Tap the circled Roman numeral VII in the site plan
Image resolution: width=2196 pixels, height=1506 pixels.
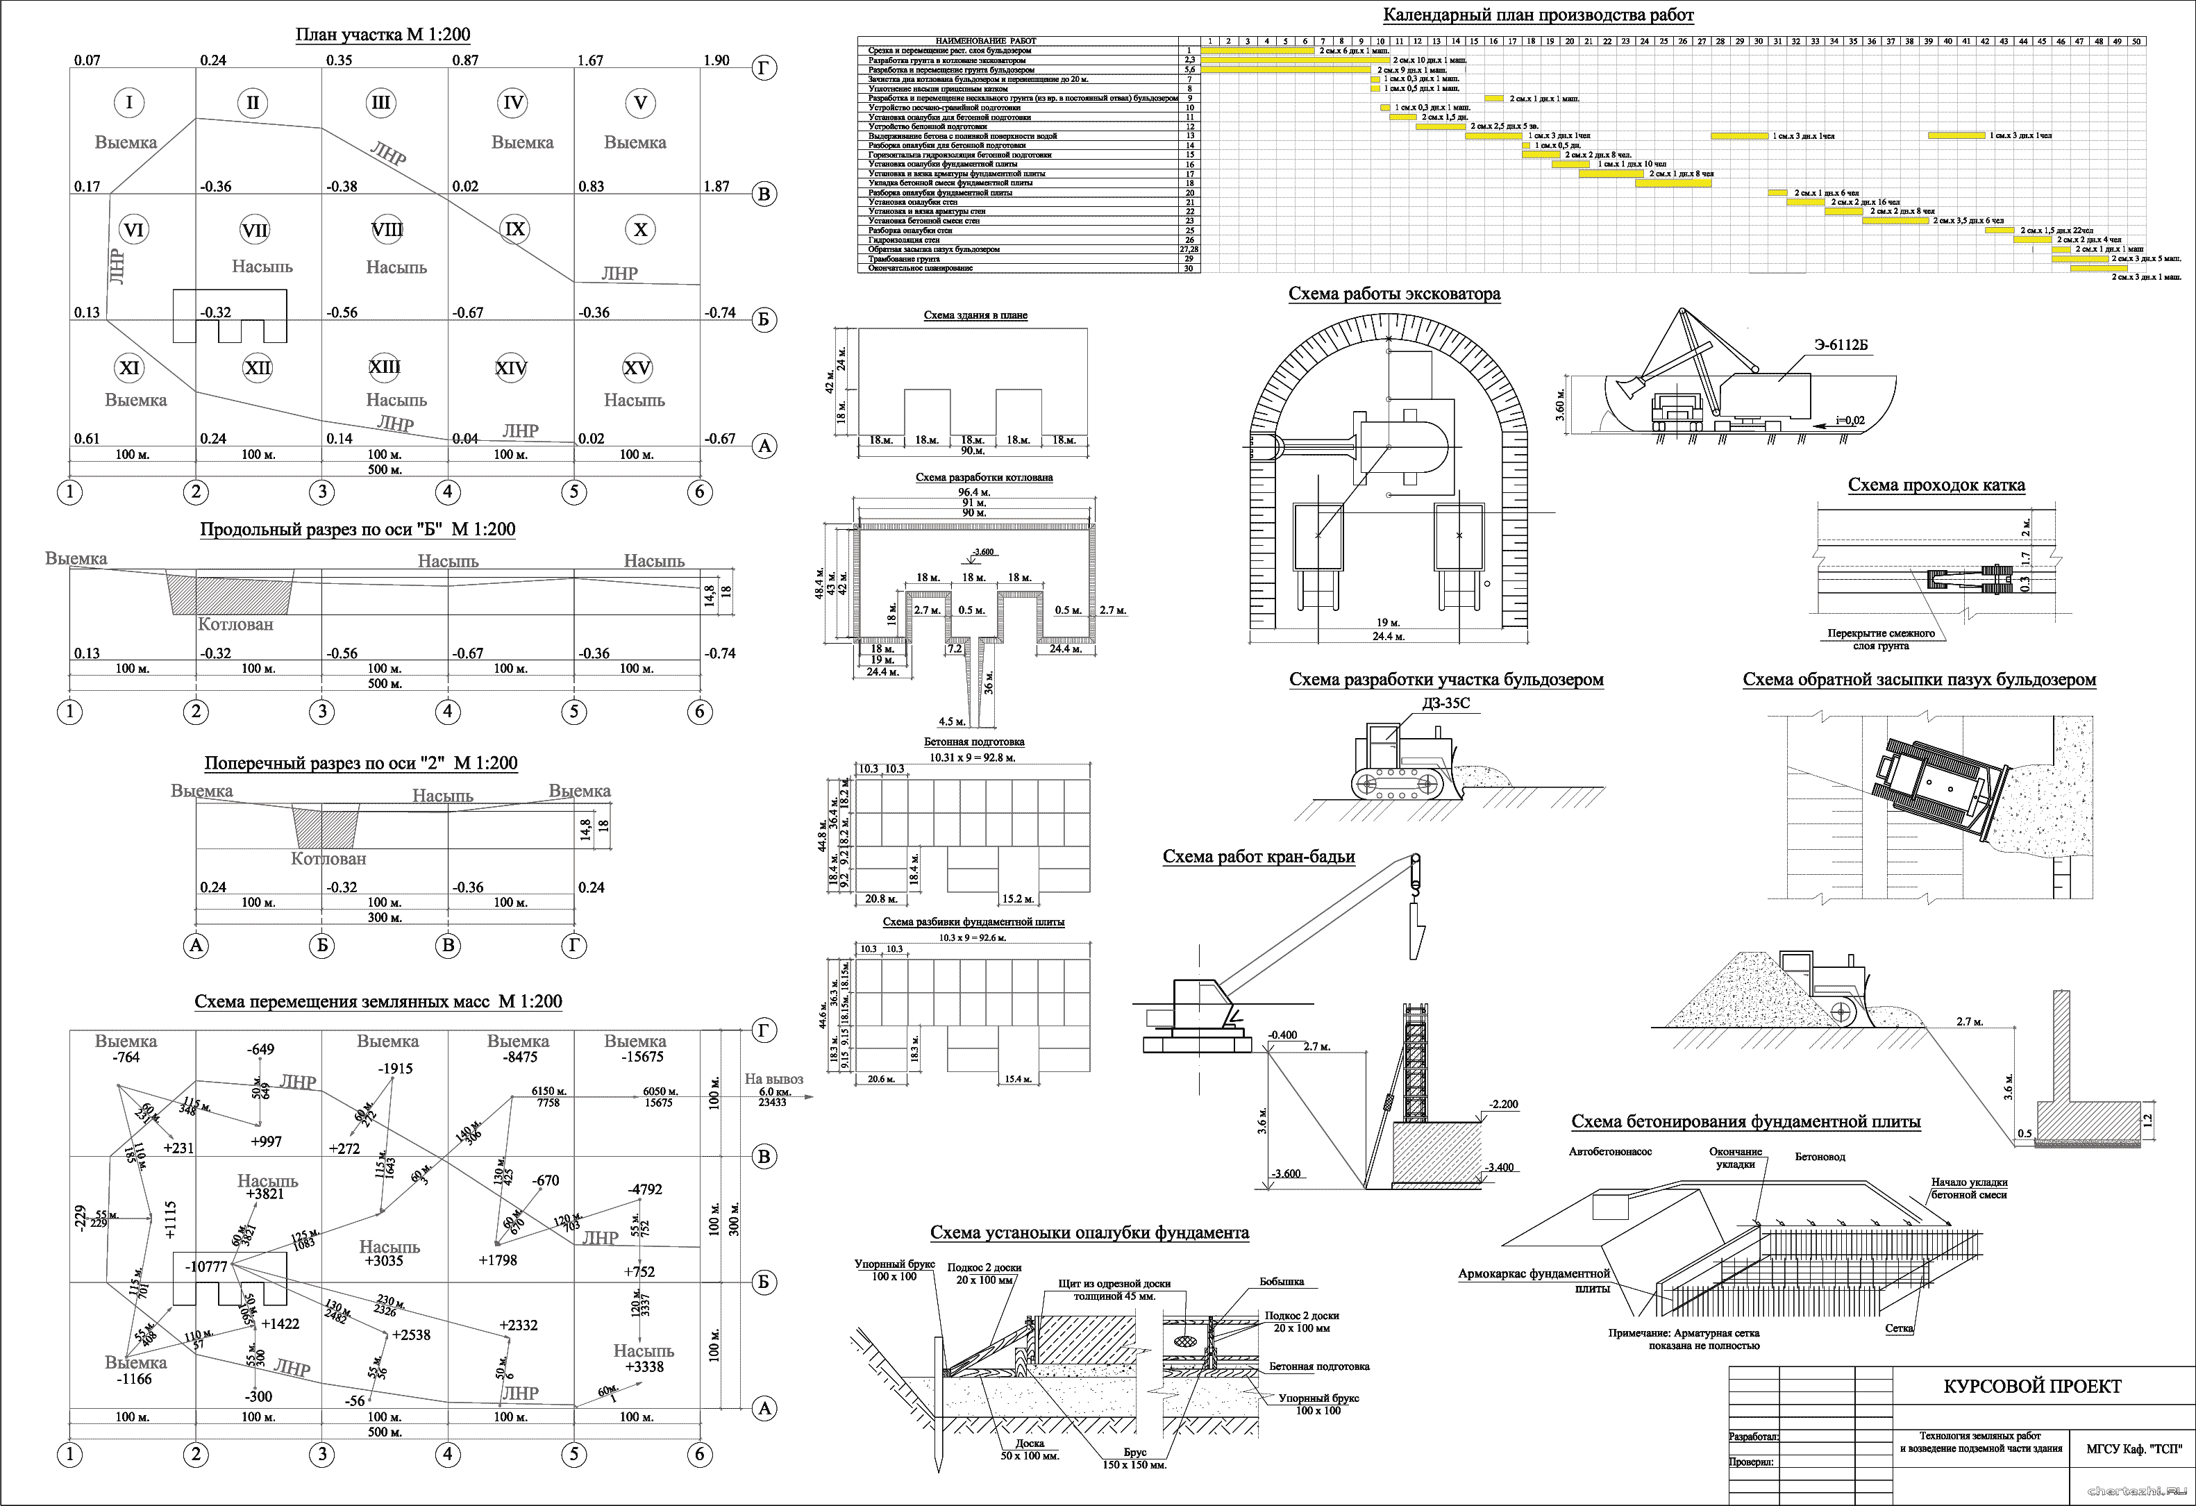coord(254,230)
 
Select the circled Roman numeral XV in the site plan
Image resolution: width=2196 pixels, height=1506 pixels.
coord(638,367)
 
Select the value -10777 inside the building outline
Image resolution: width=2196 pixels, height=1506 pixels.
coord(206,1266)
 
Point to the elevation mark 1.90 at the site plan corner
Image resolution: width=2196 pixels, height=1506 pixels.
coord(716,60)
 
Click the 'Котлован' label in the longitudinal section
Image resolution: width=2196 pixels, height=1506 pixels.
coord(235,624)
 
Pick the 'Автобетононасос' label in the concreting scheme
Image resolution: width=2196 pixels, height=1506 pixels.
coord(1610,1152)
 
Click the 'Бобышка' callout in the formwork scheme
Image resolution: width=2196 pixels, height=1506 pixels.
coord(1282,1282)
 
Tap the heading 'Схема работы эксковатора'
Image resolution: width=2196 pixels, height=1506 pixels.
coord(1393,294)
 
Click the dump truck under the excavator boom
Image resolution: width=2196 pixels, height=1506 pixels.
coord(1677,412)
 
